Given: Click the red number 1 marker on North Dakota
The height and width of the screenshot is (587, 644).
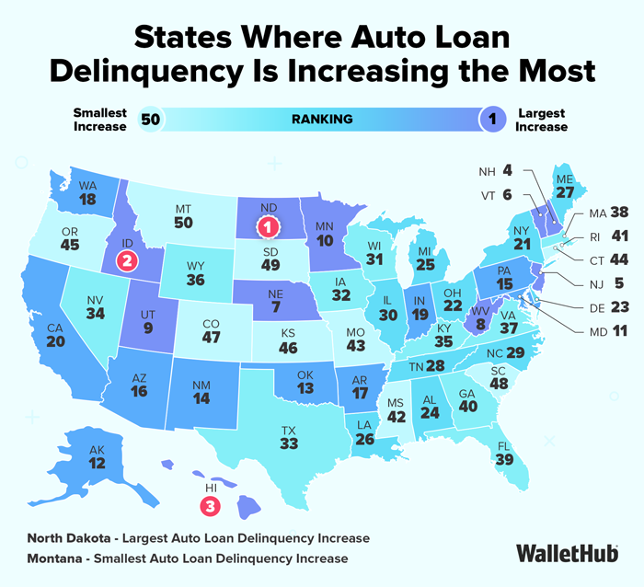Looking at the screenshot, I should (x=267, y=224).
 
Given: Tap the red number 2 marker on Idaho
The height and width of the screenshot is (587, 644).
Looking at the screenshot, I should (x=126, y=261).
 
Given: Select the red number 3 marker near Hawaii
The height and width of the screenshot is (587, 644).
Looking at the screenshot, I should (x=210, y=505).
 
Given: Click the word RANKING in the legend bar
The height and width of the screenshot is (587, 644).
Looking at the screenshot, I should (x=322, y=120).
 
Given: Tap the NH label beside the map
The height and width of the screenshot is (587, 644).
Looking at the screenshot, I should (x=488, y=172).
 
